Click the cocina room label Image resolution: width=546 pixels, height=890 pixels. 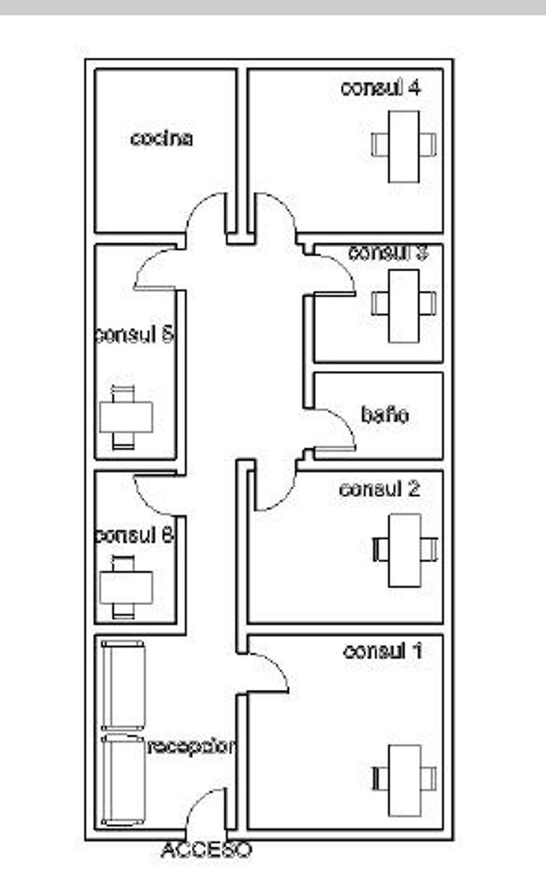pyautogui.click(x=161, y=138)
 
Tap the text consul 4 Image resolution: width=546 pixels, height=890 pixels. pyautogui.click(x=380, y=88)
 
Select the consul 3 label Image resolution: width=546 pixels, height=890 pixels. pyautogui.click(x=387, y=252)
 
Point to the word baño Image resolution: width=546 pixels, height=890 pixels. pyautogui.click(x=385, y=415)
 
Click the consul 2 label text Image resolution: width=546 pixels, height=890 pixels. pyautogui.click(x=380, y=489)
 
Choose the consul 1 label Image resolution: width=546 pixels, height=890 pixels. pyautogui.click(x=382, y=651)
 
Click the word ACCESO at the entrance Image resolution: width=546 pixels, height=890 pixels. pyautogui.click(x=206, y=849)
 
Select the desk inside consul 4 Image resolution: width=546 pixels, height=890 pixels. pyautogui.click(x=404, y=146)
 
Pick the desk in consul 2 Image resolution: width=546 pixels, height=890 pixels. pyautogui.click(x=404, y=550)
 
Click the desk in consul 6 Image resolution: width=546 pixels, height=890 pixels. pyautogui.click(x=126, y=588)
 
